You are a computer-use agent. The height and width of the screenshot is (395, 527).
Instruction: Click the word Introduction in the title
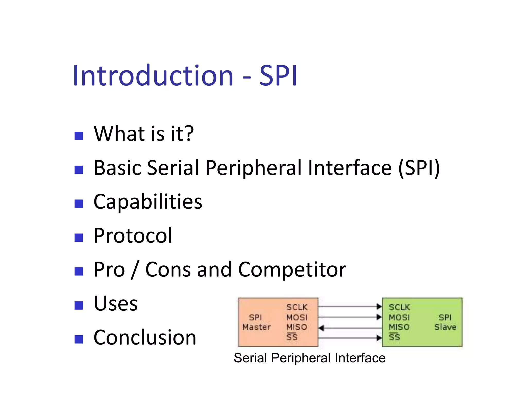click(153, 76)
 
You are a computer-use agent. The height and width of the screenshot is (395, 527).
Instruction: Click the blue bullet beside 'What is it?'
click(78, 136)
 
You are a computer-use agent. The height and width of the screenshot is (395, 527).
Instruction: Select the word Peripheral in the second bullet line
click(253, 168)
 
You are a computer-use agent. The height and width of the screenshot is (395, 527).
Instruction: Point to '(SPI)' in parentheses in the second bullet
click(419, 168)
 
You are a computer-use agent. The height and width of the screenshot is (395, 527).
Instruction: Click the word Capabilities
click(148, 202)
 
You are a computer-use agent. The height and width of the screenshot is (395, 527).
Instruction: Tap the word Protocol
click(133, 236)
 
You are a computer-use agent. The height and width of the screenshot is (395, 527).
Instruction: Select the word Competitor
click(292, 270)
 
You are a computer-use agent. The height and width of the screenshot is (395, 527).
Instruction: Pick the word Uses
click(116, 304)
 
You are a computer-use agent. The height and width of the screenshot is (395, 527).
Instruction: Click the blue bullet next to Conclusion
click(78, 339)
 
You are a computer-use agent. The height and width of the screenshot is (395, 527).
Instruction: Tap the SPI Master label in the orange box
click(256, 322)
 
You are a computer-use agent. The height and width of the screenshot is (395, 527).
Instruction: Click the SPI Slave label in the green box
click(445, 322)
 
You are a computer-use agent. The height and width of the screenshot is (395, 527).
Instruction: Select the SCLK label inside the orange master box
click(297, 307)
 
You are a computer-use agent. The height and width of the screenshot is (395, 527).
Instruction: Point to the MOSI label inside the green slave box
click(399, 317)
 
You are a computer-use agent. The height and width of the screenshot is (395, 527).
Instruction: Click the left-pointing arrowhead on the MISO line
click(321, 328)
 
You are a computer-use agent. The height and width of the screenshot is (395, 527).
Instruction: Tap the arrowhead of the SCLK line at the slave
click(379, 307)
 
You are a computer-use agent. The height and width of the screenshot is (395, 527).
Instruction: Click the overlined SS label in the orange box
click(292, 337)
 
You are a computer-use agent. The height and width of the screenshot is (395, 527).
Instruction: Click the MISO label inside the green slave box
click(399, 327)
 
